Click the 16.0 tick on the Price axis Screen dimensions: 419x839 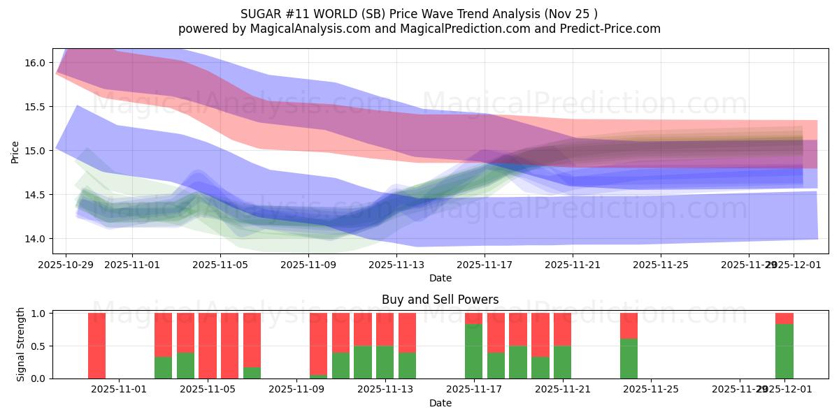(36, 63)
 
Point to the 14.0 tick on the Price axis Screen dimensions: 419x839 (36, 239)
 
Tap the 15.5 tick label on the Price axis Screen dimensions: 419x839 (36, 107)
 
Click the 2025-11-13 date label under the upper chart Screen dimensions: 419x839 (396, 265)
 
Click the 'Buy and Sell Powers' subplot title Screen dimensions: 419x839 (440, 300)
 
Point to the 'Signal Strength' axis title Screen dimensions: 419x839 (21, 344)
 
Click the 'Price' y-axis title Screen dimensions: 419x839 (15, 151)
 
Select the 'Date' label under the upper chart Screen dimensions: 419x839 (440, 278)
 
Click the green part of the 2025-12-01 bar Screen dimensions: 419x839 (784, 351)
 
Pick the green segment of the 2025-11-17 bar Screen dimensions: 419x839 (474, 351)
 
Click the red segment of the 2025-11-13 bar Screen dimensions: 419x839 (385, 329)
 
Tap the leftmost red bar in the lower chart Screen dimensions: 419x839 (96, 346)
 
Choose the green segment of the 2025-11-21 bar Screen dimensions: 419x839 (563, 362)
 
